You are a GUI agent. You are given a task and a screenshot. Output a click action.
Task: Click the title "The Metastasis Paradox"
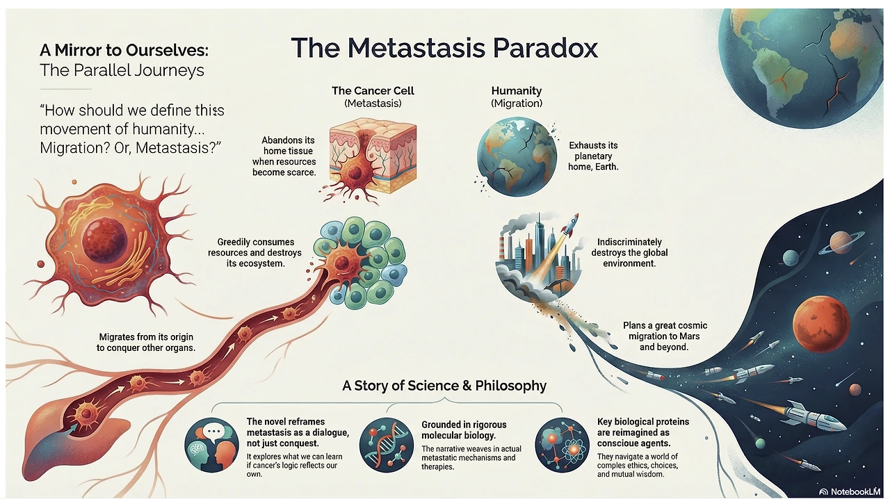click(444, 48)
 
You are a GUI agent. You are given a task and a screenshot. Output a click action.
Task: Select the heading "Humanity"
click(516, 90)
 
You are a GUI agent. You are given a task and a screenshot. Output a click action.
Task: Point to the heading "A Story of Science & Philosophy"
click(444, 386)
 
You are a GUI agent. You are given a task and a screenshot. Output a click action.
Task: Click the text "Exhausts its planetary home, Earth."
click(593, 156)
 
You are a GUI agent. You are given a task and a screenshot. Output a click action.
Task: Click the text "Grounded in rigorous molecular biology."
click(464, 430)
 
